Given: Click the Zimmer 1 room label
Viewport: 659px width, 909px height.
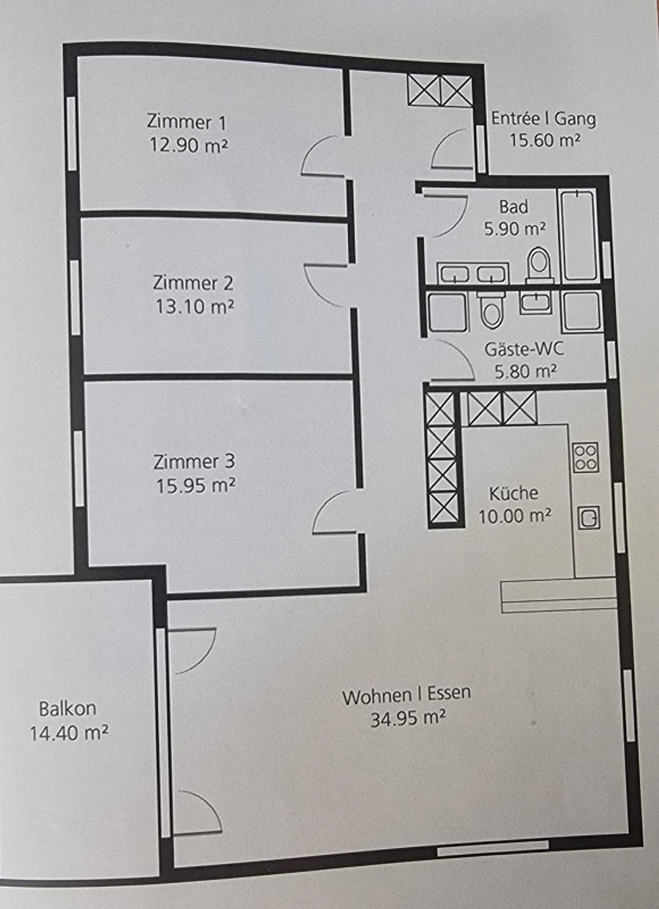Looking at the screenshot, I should pos(186,122).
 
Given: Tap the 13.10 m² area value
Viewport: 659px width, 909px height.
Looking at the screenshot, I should pos(194,306).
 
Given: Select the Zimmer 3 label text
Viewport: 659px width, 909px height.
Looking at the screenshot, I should pos(194,461).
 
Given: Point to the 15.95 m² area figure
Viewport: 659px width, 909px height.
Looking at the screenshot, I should pos(196,486).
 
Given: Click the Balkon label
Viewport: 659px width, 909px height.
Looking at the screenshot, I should pos(67,709).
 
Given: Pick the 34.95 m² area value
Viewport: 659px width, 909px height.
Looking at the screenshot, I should pos(407,718).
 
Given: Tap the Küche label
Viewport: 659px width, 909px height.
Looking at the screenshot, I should pos(513,493).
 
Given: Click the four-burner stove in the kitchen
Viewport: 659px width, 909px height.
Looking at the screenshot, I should pos(586,457).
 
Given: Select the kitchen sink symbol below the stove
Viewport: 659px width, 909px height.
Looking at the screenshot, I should pos(589,518).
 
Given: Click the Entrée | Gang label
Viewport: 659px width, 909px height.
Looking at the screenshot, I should pos(543,119).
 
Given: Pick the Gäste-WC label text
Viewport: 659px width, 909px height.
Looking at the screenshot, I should pos(524,349).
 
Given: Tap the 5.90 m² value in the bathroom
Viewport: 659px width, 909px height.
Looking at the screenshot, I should pos(515,228).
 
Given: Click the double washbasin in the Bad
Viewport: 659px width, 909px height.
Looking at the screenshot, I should pos(473,274).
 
